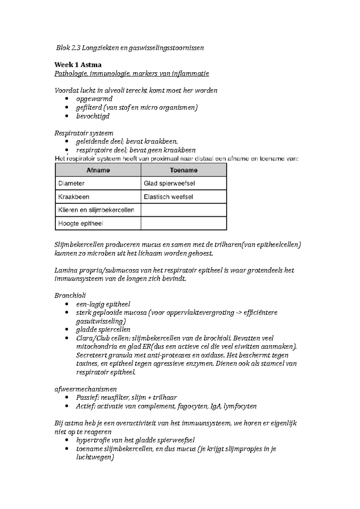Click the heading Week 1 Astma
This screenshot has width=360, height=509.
[78, 65]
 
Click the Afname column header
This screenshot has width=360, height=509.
[98, 170]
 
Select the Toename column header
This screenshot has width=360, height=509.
[183, 170]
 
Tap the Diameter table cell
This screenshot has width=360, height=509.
[71, 183]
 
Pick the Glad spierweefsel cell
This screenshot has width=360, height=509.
[169, 183]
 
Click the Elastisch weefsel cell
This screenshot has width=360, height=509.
[168, 197]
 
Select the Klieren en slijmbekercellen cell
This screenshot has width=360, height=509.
[96, 210]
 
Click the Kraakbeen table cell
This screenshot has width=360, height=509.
[73, 197]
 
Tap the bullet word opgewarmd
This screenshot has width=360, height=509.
[94, 99]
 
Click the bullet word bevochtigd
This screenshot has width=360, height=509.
[93, 116]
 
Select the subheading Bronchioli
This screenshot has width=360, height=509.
[70, 296]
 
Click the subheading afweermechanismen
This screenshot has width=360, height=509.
[85, 389]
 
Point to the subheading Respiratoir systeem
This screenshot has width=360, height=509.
[84, 133]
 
